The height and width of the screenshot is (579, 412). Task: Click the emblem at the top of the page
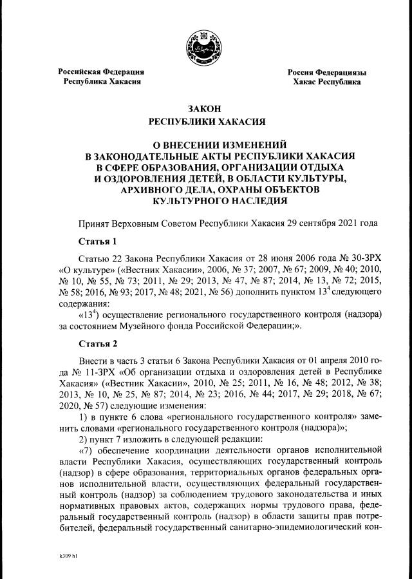205,48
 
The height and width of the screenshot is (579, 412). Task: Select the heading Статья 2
98,343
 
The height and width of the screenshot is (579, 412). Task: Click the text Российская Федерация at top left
101,71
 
